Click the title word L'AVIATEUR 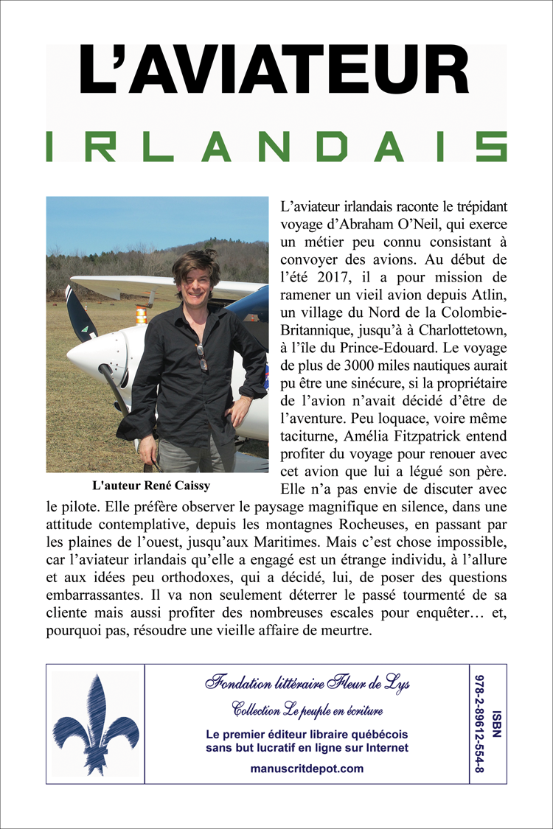[274, 70]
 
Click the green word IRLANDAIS [276, 147]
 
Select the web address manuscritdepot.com [307, 768]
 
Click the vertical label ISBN [497, 723]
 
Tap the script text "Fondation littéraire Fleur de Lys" [307, 683]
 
